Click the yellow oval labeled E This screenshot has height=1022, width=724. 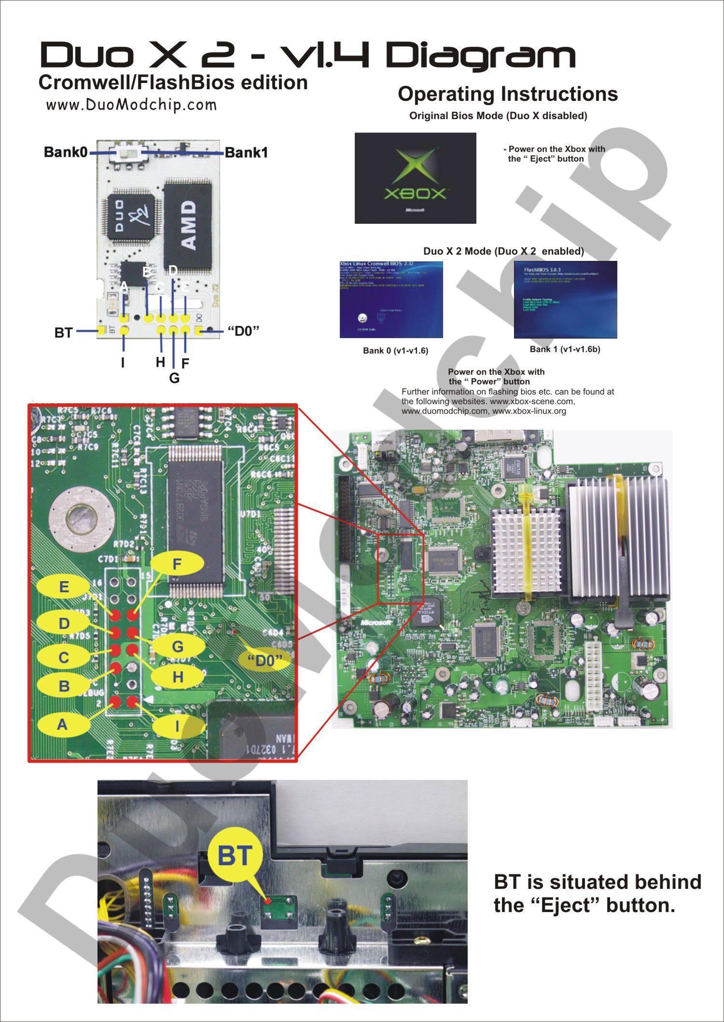[x=64, y=587]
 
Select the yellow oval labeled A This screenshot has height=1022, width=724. [x=63, y=724]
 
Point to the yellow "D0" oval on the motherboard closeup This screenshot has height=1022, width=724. [x=265, y=660]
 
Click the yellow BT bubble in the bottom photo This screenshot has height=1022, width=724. [x=235, y=856]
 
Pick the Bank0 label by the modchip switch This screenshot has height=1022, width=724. [x=66, y=152]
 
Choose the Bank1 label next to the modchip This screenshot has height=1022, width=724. [x=246, y=153]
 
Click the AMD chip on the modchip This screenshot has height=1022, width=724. [x=188, y=225]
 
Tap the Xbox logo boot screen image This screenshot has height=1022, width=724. [x=415, y=178]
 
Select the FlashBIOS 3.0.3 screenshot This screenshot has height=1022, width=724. [x=565, y=300]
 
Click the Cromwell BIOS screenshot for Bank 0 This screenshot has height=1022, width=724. [x=391, y=300]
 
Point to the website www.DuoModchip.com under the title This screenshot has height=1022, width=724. [x=131, y=105]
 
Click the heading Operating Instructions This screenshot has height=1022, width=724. [x=508, y=94]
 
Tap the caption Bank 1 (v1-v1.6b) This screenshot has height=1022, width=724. [x=565, y=349]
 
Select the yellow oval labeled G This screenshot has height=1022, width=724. [x=178, y=646]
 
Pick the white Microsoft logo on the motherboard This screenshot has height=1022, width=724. [x=376, y=623]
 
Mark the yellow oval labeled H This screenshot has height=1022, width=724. [x=178, y=677]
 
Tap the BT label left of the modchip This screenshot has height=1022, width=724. [x=63, y=333]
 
